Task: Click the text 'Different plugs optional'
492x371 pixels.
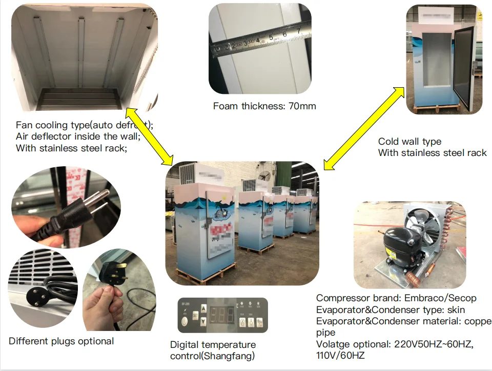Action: point(61,341)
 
